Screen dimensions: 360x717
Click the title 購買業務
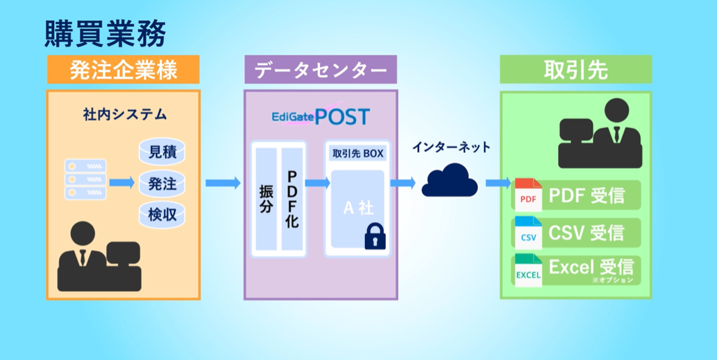pyautogui.click(x=105, y=34)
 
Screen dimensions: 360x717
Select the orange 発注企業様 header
pyautogui.click(x=123, y=70)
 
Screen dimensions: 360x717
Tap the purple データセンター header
pyautogui.click(x=321, y=70)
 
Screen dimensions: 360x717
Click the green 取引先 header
pyautogui.click(x=576, y=70)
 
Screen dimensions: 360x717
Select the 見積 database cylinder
pyautogui.click(x=162, y=152)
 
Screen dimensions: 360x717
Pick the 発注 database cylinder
pyautogui.click(x=162, y=183)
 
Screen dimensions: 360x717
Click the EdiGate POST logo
pyautogui.click(x=321, y=117)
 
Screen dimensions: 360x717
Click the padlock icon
pyautogui.click(x=375, y=236)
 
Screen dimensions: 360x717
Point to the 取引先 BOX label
pyautogui.click(x=357, y=153)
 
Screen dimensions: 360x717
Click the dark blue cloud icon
pyautogui.click(x=449, y=181)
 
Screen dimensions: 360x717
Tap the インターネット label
pyautogui.click(x=451, y=147)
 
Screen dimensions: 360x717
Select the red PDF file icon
pyautogui.click(x=528, y=195)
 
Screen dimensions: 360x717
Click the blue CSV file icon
pyautogui.click(x=528, y=232)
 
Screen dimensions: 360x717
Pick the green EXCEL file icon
pyautogui.click(x=528, y=270)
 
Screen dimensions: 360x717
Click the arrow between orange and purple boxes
pyautogui.click(x=223, y=183)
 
